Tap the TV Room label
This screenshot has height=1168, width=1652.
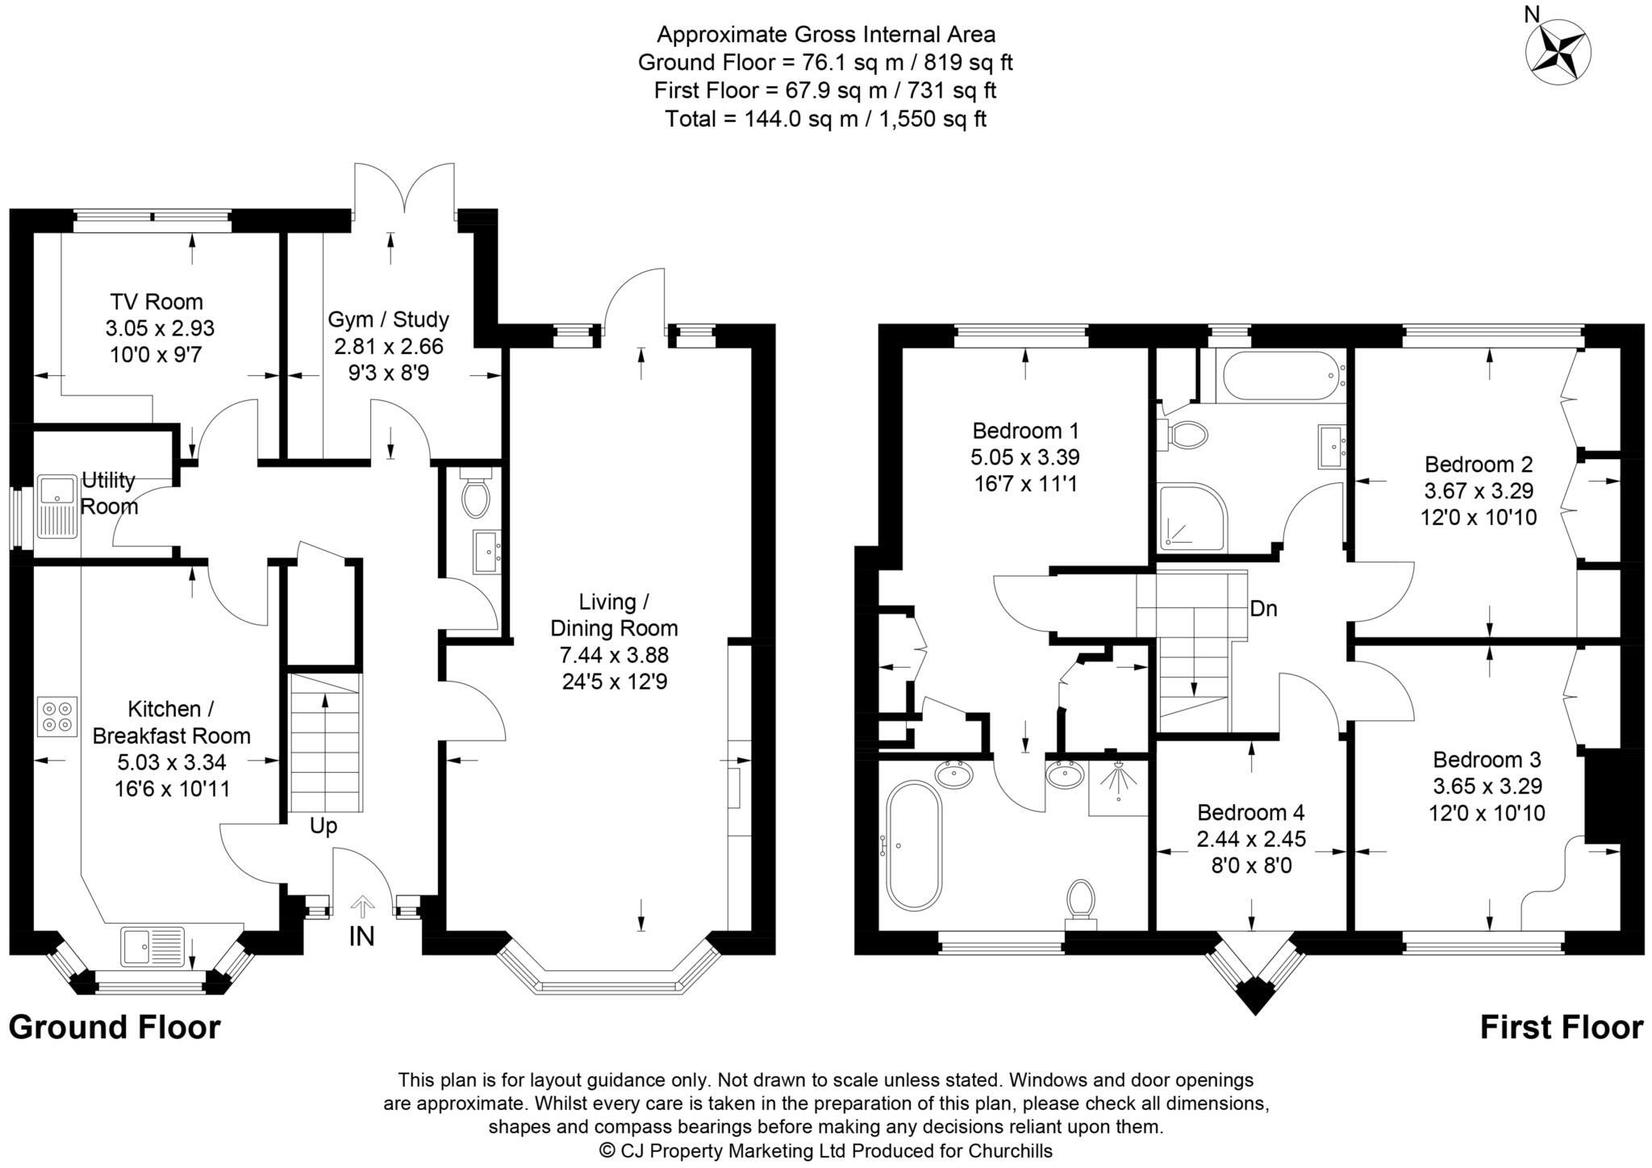(156, 302)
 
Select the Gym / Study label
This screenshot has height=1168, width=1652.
(388, 319)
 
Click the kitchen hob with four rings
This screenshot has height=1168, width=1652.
(57, 716)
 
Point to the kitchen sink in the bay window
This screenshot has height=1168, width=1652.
(152, 945)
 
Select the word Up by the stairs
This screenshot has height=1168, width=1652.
(323, 827)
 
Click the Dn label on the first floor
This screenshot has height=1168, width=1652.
(1263, 609)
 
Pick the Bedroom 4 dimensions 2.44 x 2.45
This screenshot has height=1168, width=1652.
(1250, 840)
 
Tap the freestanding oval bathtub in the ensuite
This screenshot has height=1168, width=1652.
(914, 845)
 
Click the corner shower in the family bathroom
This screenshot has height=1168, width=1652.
(1191, 517)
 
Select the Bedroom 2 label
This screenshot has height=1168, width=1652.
(1478, 465)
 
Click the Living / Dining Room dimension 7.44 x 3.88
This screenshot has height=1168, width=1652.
(614, 655)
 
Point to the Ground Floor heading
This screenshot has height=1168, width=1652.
(115, 1028)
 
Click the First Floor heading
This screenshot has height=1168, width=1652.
(1561, 1028)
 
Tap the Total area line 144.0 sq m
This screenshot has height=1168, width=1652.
(825, 119)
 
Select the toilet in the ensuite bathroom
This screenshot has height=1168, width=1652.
(1081, 902)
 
